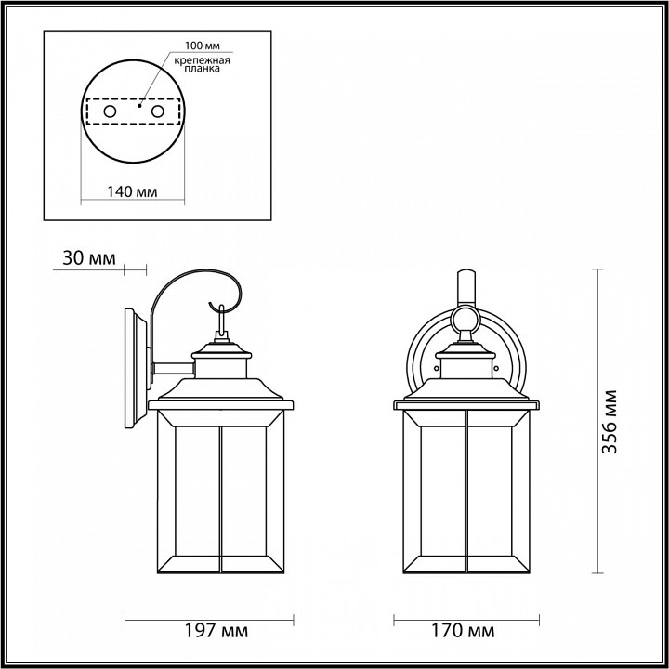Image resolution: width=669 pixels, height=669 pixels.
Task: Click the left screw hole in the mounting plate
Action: pyautogui.click(x=110, y=111)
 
